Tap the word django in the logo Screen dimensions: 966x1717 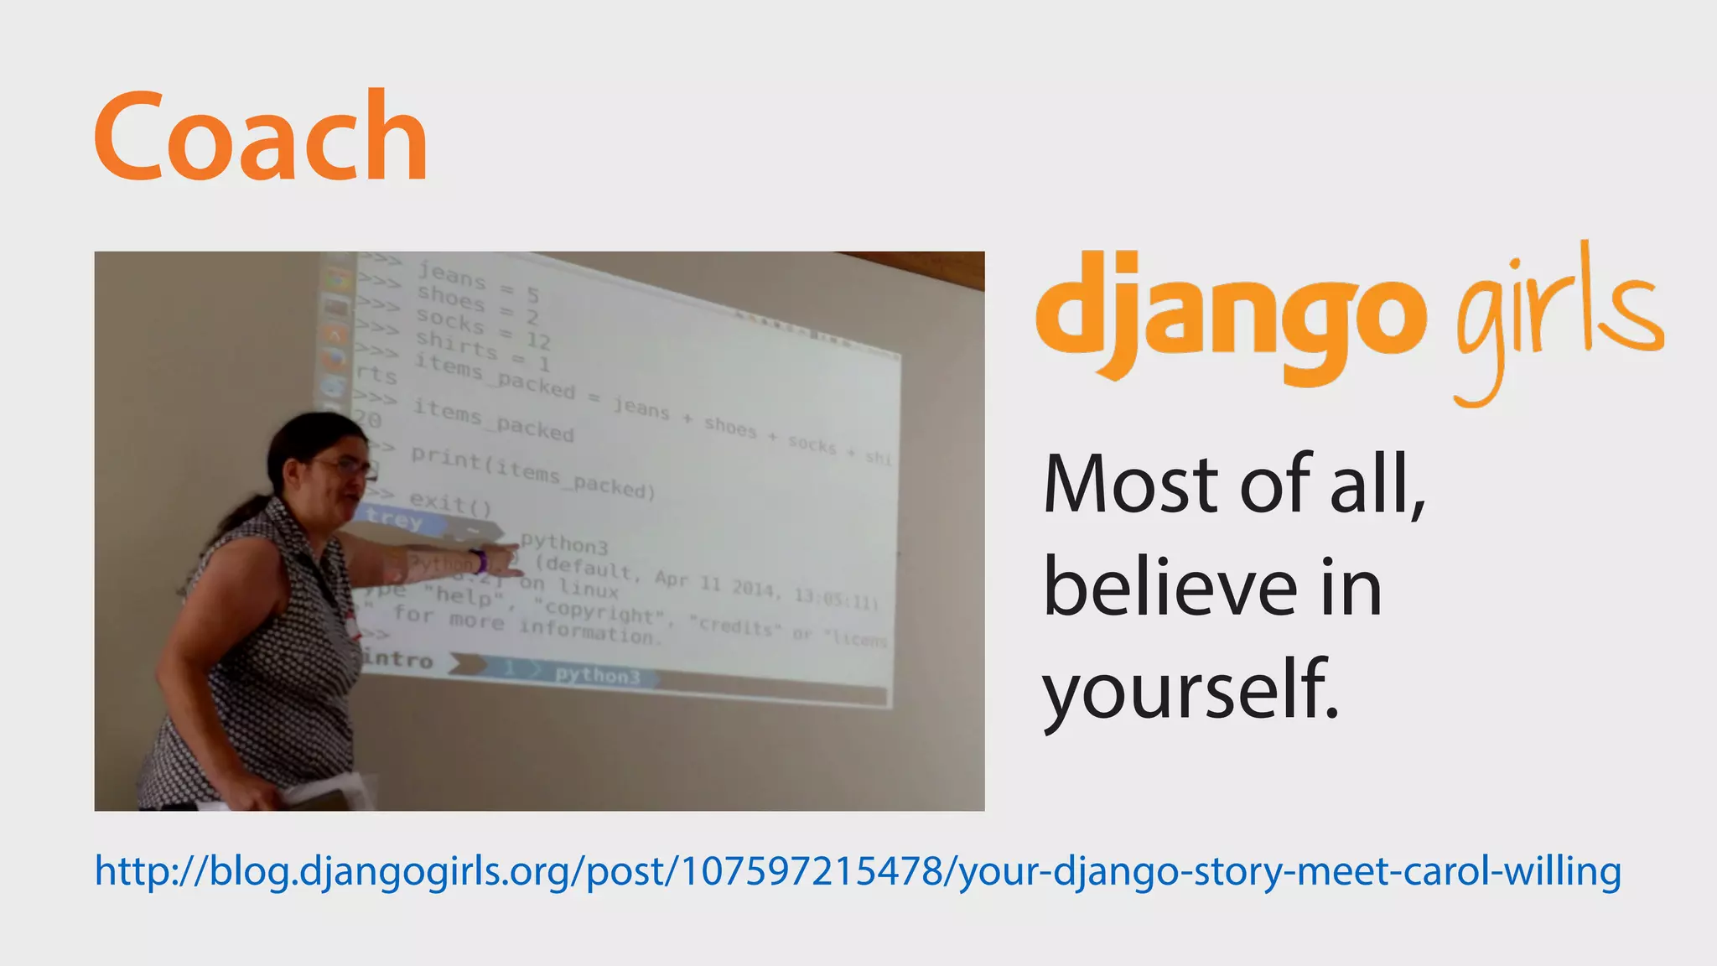coord(1230,319)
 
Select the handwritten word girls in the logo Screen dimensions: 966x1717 coord(1559,319)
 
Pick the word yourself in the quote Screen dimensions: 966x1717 coord(1190,689)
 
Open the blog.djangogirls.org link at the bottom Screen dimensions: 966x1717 coord(857,871)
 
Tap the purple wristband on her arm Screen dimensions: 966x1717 coord(479,560)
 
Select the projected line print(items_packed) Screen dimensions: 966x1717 coord(532,473)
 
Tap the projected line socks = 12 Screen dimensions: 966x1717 coord(483,328)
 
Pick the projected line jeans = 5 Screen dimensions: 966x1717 coord(478,282)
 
